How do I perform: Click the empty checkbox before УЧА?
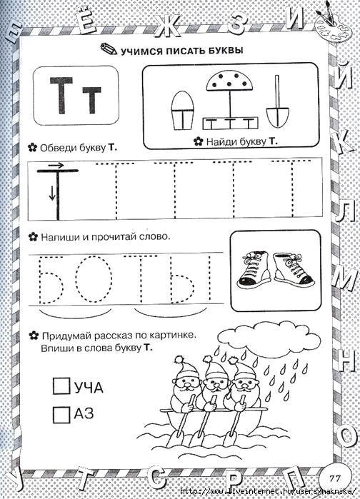click(x=61, y=385)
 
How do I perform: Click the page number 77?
click(x=334, y=478)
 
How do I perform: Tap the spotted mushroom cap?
click(x=230, y=81)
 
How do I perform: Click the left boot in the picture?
click(x=254, y=271)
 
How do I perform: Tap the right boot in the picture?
click(x=294, y=270)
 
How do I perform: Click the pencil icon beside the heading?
click(x=109, y=49)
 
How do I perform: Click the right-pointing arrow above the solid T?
click(x=56, y=165)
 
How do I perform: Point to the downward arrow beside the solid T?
click(x=52, y=193)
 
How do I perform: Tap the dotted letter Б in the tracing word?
click(x=50, y=279)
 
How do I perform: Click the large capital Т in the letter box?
click(x=62, y=95)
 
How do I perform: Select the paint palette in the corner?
click(x=331, y=28)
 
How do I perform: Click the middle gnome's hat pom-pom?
click(x=208, y=359)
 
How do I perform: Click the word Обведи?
click(x=55, y=148)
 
